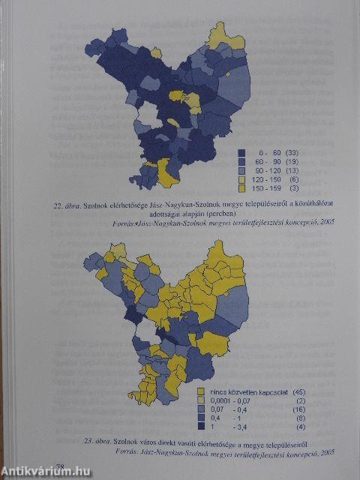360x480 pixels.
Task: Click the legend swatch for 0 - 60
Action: [242, 152]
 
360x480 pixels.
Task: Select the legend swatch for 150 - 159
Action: [242, 188]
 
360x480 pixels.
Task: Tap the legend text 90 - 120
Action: [268, 170]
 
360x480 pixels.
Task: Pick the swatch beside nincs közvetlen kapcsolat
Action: [201, 391]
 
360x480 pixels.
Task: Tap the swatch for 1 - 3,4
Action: [201, 426]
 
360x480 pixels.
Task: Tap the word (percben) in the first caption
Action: [229, 214]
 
